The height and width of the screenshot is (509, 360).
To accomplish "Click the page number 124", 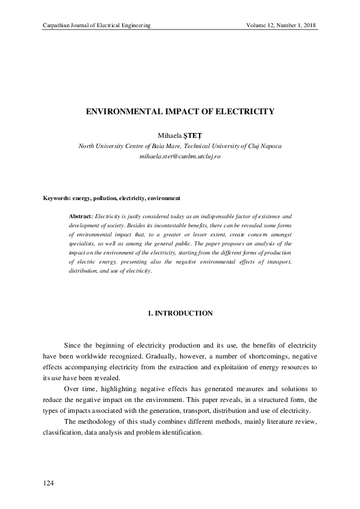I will (49, 482).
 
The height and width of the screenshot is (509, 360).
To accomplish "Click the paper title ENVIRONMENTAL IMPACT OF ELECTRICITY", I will (180, 112).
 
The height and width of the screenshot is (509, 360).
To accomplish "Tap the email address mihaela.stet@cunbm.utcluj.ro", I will (180, 156).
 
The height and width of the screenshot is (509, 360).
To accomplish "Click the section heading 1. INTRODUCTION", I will (180, 313).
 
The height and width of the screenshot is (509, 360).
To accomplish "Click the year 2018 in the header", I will (309, 25).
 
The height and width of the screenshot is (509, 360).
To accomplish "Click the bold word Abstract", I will (80, 216).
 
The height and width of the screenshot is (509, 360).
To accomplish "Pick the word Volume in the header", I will (257, 25).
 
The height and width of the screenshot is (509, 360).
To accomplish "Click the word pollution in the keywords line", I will (103, 198).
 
